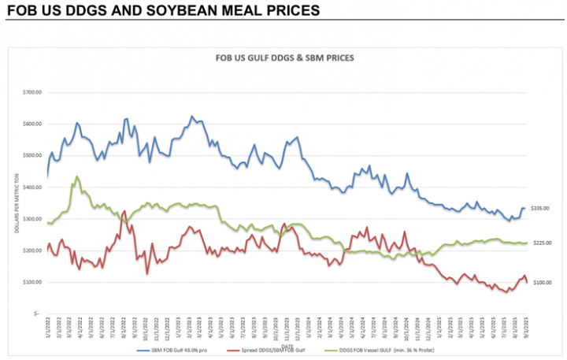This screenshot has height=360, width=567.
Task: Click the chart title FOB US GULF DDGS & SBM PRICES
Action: pos(284,58)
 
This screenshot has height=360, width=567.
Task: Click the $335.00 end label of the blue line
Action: pos(540,209)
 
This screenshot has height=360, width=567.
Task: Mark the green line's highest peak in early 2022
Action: pos(76,176)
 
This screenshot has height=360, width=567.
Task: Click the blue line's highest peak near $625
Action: pos(192,116)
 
